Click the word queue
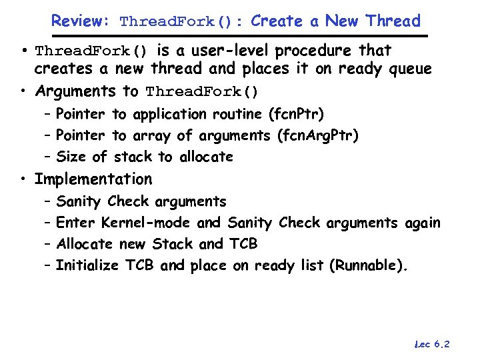point(408,69)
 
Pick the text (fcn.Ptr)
point(296,115)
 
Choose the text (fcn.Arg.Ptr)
point(317,136)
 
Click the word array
point(151,136)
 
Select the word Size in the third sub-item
point(71,157)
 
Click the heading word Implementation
point(93,179)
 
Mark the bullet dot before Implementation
point(24,179)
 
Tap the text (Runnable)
point(367,265)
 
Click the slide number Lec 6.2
point(432,345)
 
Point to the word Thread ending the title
point(393,21)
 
